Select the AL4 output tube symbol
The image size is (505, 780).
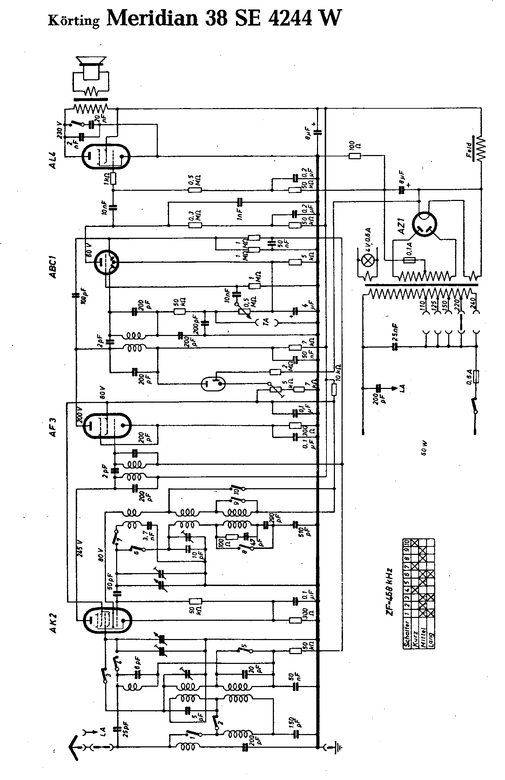point(106,156)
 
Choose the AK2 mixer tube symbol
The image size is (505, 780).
point(106,620)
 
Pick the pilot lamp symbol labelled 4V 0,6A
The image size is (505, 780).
point(368,260)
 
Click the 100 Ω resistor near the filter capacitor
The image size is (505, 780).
point(355,156)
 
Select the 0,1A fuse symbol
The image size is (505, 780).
point(409,260)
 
